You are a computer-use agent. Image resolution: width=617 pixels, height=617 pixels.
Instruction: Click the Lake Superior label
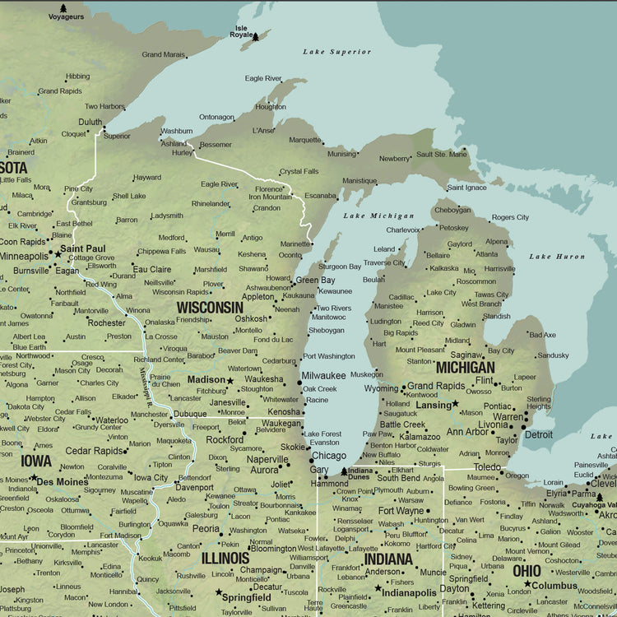[x=336, y=52]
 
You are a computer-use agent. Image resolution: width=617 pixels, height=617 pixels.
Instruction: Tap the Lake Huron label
[x=557, y=257]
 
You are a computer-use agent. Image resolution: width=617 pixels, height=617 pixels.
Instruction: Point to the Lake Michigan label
[x=367, y=216]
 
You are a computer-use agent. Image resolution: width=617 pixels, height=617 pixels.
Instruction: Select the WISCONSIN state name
[x=210, y=307]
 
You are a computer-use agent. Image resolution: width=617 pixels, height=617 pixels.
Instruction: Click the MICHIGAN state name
[x=465, y=367]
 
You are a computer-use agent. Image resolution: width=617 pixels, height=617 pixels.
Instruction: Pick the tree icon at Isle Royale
[x=256, y=37]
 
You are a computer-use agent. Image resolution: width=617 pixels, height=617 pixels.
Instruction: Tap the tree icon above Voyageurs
[x=63, y=8]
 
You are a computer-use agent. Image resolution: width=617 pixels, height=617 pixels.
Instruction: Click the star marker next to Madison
[x=230, y=380]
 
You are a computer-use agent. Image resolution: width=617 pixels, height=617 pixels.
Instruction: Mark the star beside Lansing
[x=455, y=404]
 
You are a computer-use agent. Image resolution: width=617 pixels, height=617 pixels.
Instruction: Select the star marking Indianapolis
[x=378, y=588]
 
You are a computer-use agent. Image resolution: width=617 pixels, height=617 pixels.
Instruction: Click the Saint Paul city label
[x=82, y=248]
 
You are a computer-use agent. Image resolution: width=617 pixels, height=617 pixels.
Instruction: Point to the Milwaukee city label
[x=323, y=375]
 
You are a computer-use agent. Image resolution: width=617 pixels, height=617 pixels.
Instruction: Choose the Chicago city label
[x=328, y=455]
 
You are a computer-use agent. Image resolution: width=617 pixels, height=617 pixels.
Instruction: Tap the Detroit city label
[x=539, y=434]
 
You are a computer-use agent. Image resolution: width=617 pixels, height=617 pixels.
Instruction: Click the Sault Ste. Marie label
[x=441, y=154]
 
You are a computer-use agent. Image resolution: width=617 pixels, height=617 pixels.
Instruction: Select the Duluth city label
[x=90, y=123]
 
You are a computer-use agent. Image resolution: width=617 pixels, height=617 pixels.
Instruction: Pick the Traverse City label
[x=384, y=263]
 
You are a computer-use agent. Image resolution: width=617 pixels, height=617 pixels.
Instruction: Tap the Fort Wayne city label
[x=401, y=511]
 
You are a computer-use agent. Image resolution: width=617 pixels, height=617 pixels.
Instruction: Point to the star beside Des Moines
[x=33, y=477]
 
